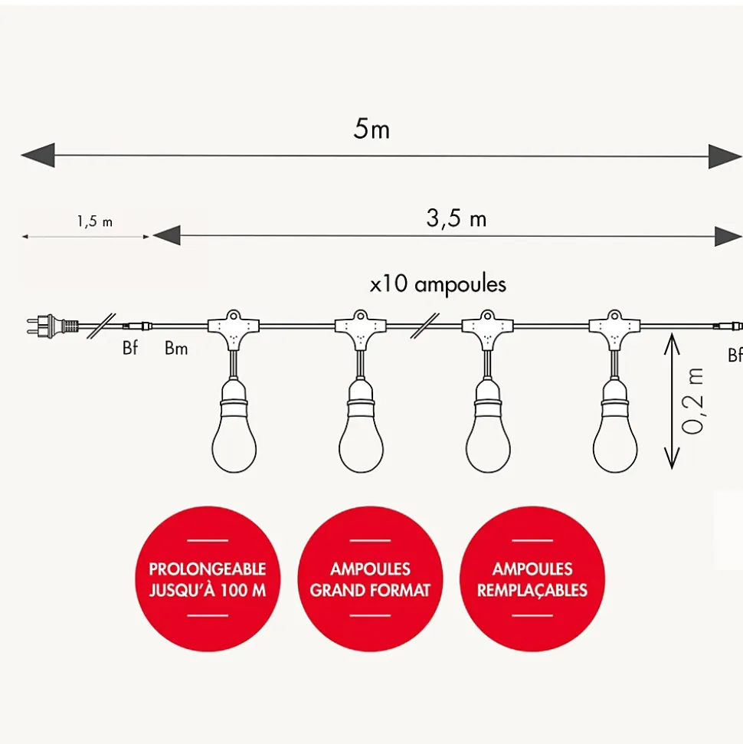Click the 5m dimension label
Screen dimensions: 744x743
coord(371,129)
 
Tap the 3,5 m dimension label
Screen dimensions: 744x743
coord(456,218)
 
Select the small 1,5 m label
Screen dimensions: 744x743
coord(94,222)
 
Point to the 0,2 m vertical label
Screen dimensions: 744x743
coord(693,401)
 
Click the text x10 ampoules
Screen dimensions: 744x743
coord(437,285)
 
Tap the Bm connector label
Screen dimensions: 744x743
coord(176,349)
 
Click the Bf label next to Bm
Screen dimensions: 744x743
coord(130,349)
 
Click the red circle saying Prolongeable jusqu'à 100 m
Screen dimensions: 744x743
coord(208,579)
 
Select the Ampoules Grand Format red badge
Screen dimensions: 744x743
coord(370,579)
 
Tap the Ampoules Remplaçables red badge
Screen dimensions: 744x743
coord(532,579)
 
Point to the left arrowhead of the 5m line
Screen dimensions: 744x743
coord(37,156)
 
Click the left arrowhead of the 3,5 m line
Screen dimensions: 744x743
coord(165,235)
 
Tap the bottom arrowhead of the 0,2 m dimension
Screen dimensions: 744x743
coord(672,460)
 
